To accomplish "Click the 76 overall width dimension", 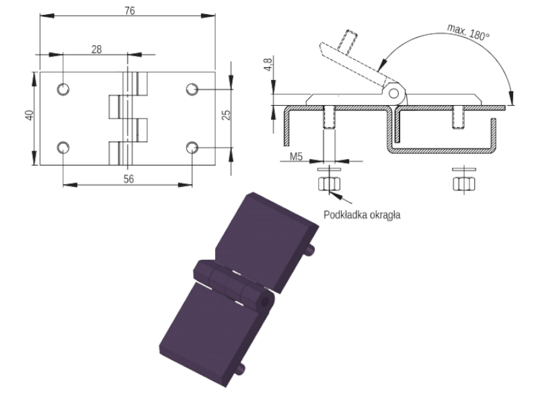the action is click(x=130, y=11).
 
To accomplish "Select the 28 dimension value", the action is click(x=97, y=49).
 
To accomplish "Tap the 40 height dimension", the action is click(x=30, y=115).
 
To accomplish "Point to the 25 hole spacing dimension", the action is click(x=226, y=114).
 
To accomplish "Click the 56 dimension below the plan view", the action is click(x=128, y=179).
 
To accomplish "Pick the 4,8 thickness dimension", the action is click(x=268, y=64).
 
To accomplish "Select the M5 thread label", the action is click(x=296, y=157).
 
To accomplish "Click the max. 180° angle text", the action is click(x=468, y=32).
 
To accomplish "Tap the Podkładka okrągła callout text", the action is click(x=362, y=215).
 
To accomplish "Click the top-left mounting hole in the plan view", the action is click(x=63, y=89).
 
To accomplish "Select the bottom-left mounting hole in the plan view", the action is click(x=63, y=147).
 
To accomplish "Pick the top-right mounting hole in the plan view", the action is click(x=192, y=89).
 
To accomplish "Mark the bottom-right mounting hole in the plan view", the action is click(x=192, y=147).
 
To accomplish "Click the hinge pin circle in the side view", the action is click(x=393, y=94).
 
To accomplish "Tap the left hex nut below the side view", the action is click(x=329, y=184).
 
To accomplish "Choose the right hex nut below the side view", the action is click(x=464, y=184).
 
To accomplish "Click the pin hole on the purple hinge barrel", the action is click(x=265, y=302).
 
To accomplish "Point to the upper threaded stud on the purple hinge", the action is click(x=311, y=250).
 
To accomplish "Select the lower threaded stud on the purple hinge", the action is click(x=241, y=368).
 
